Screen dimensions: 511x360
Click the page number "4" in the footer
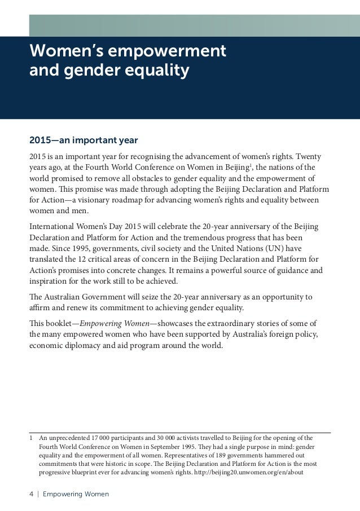tap(31, 495)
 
